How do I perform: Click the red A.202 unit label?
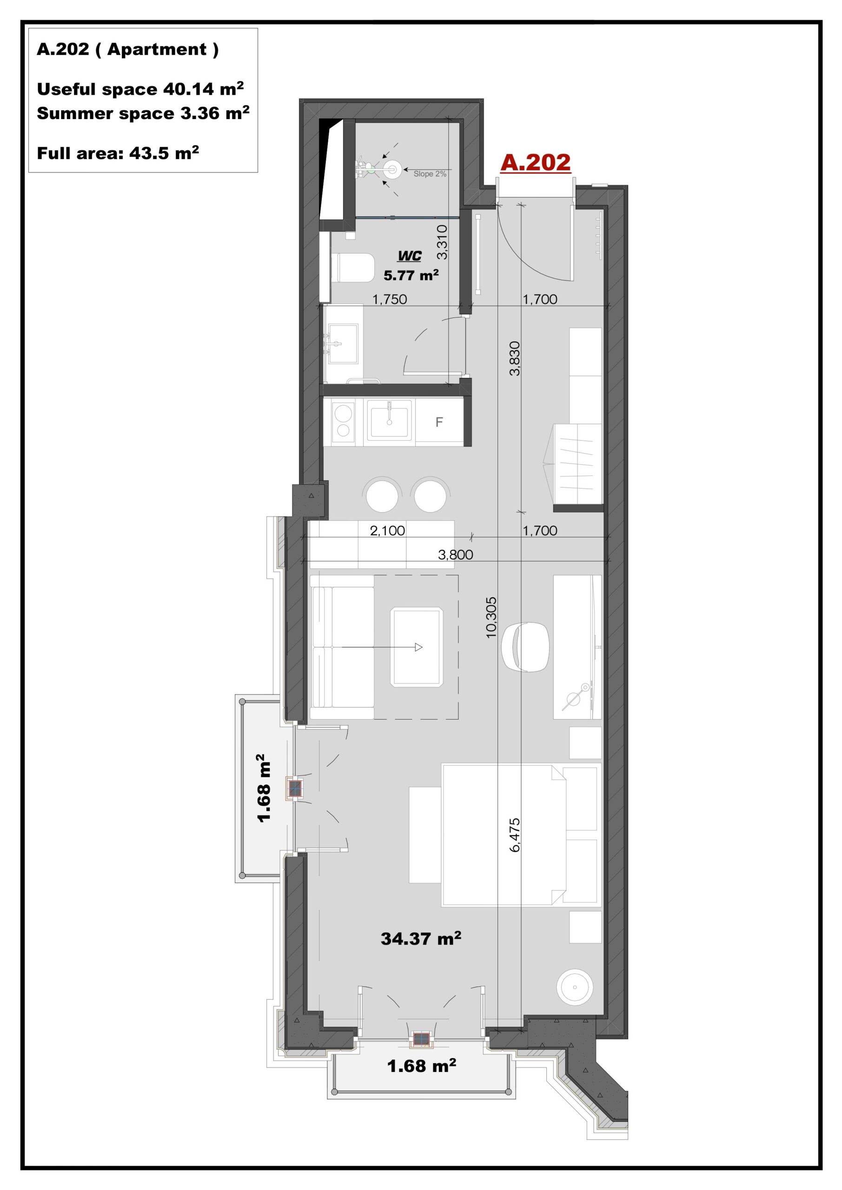click(x=535, y=163)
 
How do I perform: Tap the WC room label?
click(x=410, y=256)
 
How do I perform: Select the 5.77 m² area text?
click(x=411, y=275)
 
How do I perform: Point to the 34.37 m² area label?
click(x=421, y=938)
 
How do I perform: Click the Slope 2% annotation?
click(x=430, y=174)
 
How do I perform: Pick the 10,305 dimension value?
click(x=491, y=617)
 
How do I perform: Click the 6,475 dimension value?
click(x=514, y=835)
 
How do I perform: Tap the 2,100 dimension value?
click(x=387, y=531)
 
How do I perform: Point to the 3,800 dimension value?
click(x=455, y=555)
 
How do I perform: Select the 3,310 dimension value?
click(x=442, y=242)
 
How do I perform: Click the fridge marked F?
click(x=438, y=423)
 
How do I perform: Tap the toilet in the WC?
click(x=352, y=267)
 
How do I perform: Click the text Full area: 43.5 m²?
click(x=118, y=153)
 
